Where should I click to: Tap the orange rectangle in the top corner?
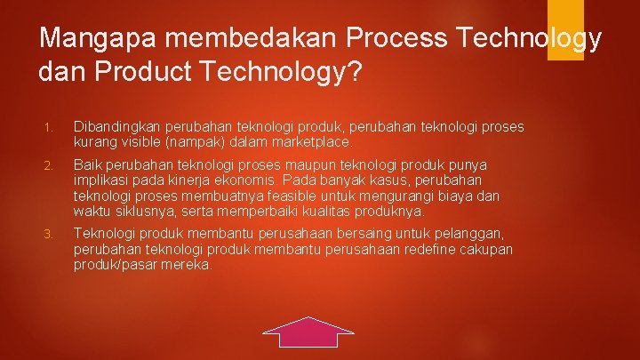tap(564, 30)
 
